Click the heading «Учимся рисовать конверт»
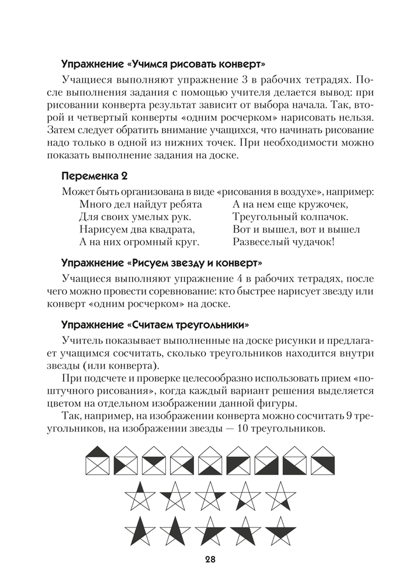164,63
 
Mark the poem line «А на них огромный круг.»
140,241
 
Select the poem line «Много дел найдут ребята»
141,204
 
